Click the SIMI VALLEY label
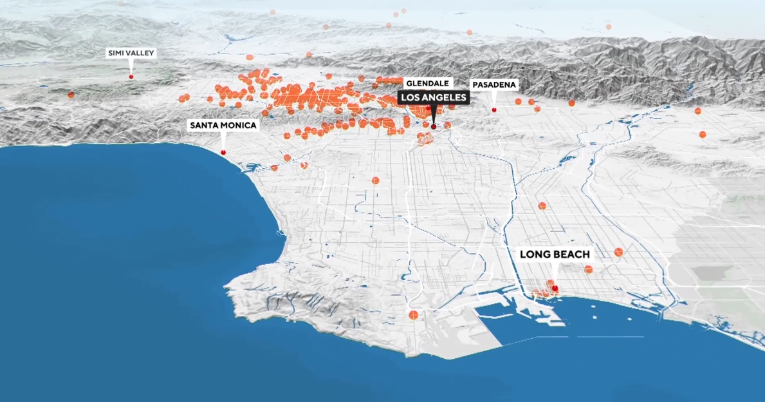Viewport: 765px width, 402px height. click(x=131, y=53)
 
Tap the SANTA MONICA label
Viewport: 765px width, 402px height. click(x=223, y=126)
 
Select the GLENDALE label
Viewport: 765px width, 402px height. click(x=429, y=83)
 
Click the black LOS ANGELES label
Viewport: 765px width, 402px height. click(x=433, y=97)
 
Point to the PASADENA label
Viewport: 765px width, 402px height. click(x=494, y=85)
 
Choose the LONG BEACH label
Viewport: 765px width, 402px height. click(x=555, y=254)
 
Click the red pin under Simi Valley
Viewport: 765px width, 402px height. click(x=131, y=77)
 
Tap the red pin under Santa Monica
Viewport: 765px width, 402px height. click(x=223, y=152)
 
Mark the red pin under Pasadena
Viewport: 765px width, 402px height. click(x=494, y=110)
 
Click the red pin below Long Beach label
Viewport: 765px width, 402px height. click(x=555, y=289)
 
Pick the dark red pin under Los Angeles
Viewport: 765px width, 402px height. click(x=434, y=127)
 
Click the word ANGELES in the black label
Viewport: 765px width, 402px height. click(x=444, y=97)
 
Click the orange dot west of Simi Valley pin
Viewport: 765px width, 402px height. click(x=71, y=95)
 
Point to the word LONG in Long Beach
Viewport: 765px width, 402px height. click(x=534, y=254)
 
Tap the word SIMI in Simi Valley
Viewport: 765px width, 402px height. click(x=116, y=53)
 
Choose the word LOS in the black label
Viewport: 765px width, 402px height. click(x=410, y=97)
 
